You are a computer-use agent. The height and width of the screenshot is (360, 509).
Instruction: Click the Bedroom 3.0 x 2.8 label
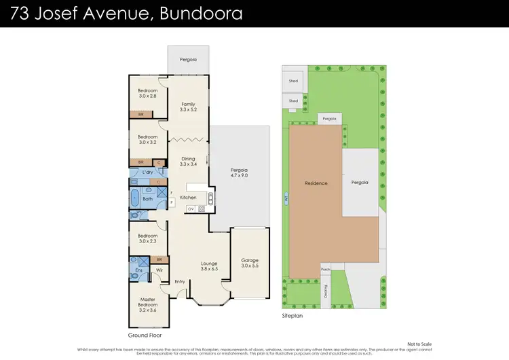pyautogui.click(x=147, y=93)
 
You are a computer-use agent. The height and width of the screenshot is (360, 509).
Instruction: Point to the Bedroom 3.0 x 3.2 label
pyautogui.click(x=147, y=140)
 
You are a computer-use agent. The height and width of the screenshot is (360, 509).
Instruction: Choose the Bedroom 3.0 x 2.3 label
pyautogui.click(x=147, y=238)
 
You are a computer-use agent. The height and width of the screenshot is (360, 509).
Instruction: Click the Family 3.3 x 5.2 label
pyautogui.click(x=187, y=107)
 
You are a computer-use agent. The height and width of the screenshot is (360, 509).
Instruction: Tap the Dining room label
pyautogui.click(x=187, y=162)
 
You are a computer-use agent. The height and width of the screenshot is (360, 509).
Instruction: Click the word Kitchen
pyautogui.click(x=187, y=198)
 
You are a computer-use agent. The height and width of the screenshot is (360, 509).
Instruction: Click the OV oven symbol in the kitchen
pyautogui.click(x=191, y=209)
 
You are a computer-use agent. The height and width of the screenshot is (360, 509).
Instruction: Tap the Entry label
pyautogui.click(x=180, y=281)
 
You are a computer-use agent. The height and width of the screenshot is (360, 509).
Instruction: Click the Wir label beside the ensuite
pyautogui.click(x=159, y=270)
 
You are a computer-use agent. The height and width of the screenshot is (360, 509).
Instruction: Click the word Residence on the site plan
pyautogui.click(x=316, y=183)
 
